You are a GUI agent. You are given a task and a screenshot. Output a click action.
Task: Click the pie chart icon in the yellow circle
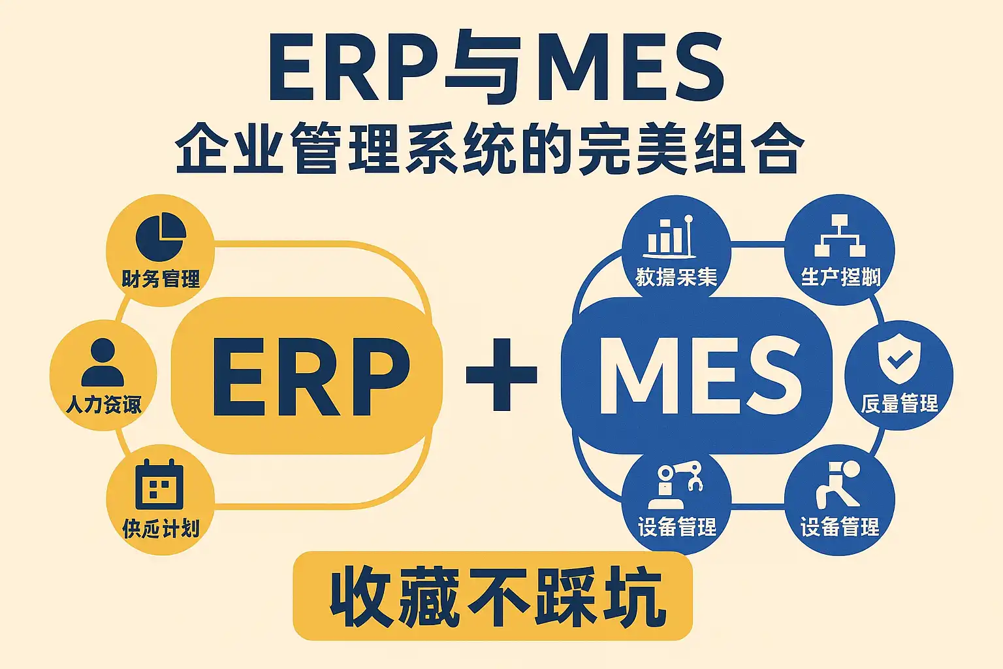coord(161,237)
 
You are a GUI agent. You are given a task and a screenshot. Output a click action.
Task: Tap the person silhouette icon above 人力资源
coord(103,363)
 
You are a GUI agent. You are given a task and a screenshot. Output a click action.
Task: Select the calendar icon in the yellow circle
coord(159,484)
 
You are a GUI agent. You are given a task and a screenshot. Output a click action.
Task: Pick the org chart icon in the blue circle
coord(840,235)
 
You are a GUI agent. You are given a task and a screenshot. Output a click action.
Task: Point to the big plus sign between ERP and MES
coord(501,375)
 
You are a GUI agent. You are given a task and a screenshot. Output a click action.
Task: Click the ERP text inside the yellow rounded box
coord(311,378)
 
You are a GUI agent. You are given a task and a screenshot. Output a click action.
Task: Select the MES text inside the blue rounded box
coord(699,376)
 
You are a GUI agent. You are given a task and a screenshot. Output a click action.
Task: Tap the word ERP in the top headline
coord(353,68)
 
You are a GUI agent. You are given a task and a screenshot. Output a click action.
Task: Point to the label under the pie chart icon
coord(161,280)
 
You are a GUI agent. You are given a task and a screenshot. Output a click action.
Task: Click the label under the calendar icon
coord(161,528)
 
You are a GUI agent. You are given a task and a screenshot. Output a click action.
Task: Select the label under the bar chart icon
coord(676,278)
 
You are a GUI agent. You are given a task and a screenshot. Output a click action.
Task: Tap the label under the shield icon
coord(899,404)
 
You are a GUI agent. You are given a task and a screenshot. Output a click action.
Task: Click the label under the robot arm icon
coord(677,527)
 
